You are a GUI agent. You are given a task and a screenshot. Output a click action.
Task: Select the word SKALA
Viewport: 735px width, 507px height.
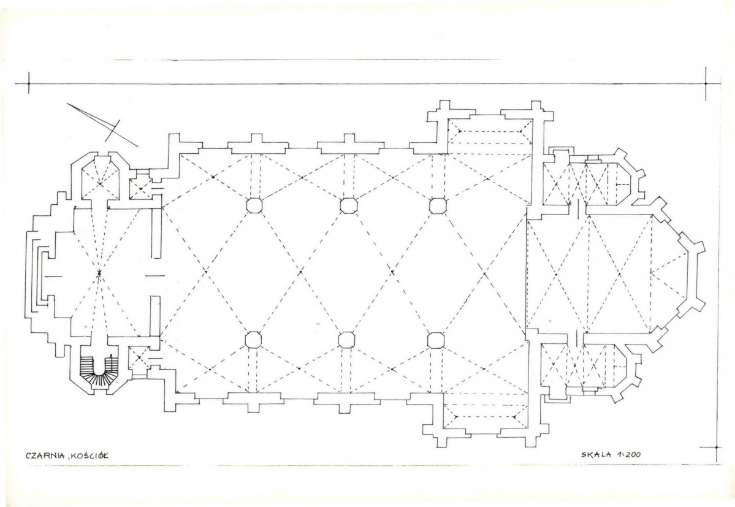point(596,454)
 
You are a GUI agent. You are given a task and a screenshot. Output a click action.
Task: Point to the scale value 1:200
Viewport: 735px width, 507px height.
point(629,454)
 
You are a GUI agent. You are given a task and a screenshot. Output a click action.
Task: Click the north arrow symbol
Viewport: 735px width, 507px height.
point(102,124)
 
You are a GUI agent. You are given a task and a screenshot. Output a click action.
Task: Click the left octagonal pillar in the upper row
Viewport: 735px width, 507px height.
point(254,205)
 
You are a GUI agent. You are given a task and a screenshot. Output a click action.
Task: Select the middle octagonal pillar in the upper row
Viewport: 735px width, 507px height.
point(348,205)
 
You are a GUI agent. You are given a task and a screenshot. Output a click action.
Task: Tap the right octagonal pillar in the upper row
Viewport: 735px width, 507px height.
point(438,205)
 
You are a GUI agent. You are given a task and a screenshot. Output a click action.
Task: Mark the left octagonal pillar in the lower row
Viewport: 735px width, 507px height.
point(254,339)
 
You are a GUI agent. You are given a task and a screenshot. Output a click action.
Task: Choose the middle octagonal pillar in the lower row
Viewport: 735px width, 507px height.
point(346,339)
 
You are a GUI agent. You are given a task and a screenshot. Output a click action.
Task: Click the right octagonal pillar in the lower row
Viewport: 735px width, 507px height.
point(436,340)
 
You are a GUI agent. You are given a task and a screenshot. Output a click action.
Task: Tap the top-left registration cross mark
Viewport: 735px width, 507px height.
point(29,84)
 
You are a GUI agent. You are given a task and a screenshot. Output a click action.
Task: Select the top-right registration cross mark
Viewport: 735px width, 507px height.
point(706,84)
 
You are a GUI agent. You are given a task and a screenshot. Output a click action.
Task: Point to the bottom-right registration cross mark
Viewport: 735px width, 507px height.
point(717,447)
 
